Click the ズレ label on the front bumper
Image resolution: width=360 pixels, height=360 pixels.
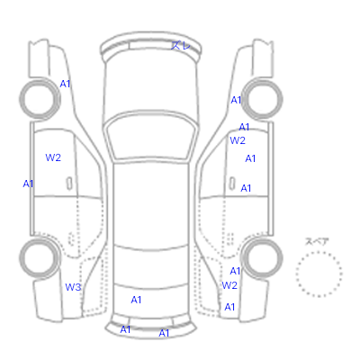point(181,45)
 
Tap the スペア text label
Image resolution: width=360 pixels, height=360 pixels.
point(317,241)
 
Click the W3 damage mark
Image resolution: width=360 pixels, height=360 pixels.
point(73,287)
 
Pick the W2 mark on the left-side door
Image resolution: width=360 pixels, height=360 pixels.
point(53,157)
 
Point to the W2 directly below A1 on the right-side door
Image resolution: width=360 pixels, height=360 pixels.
point(238,140)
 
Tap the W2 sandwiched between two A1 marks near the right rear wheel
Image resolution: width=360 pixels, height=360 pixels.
point(229,285)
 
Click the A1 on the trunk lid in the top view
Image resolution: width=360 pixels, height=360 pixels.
point(136,300)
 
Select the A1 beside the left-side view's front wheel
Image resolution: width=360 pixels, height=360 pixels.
point(65,84)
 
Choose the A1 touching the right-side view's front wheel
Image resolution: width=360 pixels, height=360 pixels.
point(236,100)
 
